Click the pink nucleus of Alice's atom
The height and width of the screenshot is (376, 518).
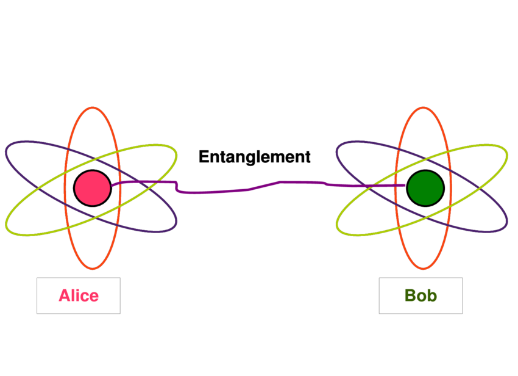tap(93, 188)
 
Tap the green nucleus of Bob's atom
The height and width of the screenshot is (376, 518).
tap(425, 188)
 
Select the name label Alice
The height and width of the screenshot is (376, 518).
tap(78, 296)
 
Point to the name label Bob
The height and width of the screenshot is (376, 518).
tap(420, 296)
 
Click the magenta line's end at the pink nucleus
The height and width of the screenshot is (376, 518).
tap(113, 184)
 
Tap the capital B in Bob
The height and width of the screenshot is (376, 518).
tap(410, 296)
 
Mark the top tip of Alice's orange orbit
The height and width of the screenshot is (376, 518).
tap(93, 107)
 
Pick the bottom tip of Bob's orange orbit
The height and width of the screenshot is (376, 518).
tap(424, 269)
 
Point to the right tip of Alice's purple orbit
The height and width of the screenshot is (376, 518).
tap(176, 226)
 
